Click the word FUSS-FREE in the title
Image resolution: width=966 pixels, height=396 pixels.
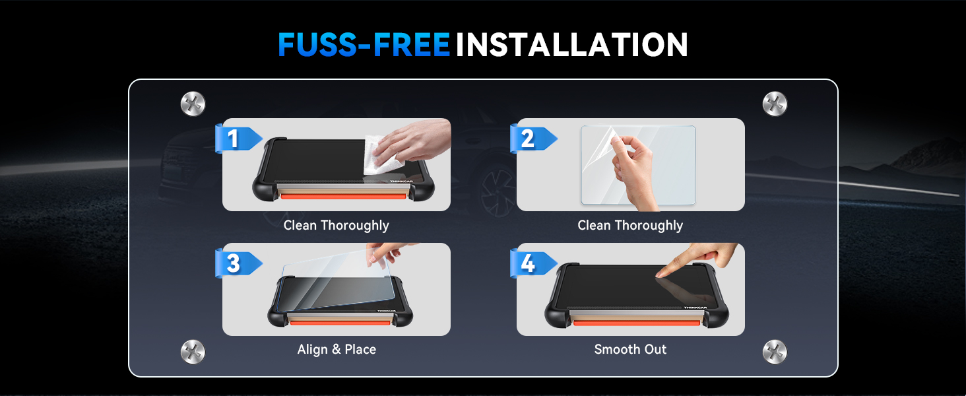(x=364, y=44)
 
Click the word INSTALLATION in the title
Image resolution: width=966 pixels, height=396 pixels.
(x=571, y=44)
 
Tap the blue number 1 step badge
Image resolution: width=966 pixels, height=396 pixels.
(x=238, y=139)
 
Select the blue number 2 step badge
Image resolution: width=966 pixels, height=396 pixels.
(x=533, y=139)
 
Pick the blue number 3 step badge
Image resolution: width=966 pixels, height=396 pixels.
(x=238, y=263)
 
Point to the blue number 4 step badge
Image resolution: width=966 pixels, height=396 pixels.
(x=533, y=263)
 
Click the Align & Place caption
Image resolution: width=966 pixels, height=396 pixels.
(x=337, y=349)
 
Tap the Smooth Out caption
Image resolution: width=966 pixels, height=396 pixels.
(x=630, y=349)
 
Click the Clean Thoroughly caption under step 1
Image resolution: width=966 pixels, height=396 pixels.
(x=337, y=225)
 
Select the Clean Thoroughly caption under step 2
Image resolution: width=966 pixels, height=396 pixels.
(x=630, y=225)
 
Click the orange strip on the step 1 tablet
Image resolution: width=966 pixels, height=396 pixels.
(x=343, y=196)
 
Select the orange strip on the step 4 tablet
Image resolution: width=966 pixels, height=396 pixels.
(x=637, y=323)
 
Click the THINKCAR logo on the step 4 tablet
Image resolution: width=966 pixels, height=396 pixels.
(x=695, y=308)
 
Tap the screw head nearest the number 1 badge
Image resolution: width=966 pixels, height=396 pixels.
(x=193, y=104)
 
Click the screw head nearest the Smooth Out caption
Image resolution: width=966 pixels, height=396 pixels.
(x=775, y=352)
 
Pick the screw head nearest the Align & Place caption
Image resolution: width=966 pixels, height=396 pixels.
(x=193, y=352)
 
